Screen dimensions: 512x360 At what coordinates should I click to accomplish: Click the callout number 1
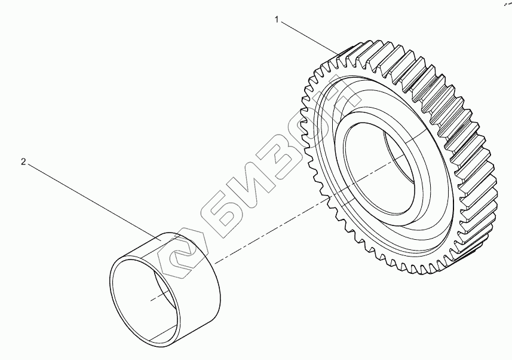[277, 20]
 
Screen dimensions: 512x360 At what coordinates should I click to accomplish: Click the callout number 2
[23, 162]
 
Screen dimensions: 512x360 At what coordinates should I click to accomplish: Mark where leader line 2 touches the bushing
[163, 239]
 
